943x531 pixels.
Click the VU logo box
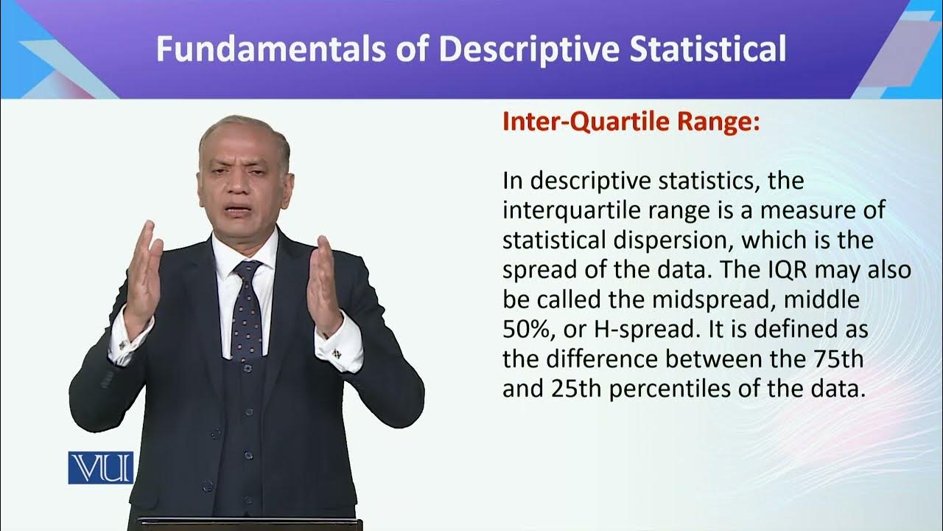[x=100, y=468]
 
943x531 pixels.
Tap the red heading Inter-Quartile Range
[x=631, y=122]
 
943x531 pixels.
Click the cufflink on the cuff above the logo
[x=122, y=344]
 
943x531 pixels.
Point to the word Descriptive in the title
[x=519, y=49]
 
